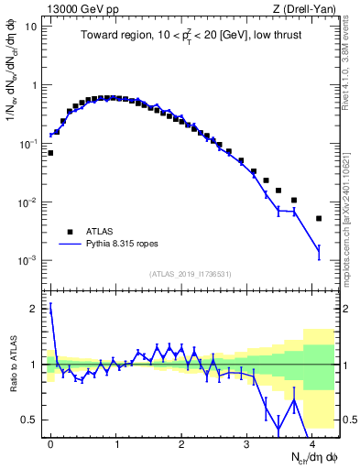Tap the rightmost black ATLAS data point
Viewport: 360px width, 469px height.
click(x=319, y=218)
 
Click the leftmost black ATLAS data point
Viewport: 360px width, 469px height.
click(x=50, y=153)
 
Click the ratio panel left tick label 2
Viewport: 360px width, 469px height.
click(x=35, y=309)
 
